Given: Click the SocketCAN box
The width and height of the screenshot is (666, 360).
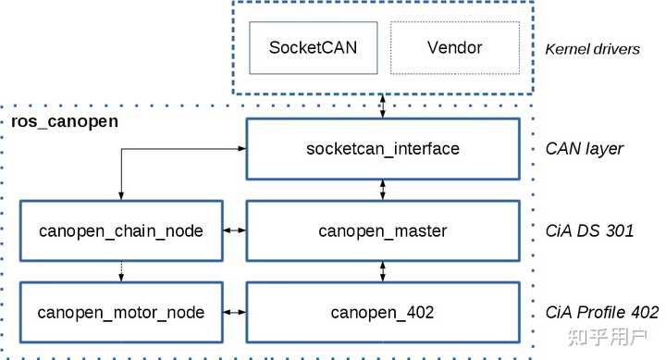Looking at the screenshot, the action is (313, 47).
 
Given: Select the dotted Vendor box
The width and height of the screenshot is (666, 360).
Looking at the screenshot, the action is (455, 47).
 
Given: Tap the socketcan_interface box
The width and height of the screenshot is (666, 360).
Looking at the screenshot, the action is (383, 149).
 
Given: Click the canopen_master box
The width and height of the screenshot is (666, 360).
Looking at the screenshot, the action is (383, 230).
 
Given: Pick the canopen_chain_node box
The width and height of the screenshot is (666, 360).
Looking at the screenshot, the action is (121, 230).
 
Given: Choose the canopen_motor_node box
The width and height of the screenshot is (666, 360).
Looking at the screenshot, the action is (121, 313).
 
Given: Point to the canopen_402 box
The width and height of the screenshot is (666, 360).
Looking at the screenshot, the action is (383, 313).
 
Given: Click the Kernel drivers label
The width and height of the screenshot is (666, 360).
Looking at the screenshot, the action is (593, 49).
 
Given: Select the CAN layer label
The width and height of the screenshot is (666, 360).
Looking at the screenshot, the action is (584, 149).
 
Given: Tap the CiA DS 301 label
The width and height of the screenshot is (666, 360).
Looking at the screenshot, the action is (589, 230).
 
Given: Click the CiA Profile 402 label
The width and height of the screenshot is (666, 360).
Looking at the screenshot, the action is (602, 313).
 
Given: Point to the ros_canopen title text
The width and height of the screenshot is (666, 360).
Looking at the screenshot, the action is (65, 121).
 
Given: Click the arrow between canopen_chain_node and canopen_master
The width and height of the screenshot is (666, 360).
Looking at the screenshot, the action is (234, 230).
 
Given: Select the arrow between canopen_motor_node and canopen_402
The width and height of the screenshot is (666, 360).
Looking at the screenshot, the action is (234, 313).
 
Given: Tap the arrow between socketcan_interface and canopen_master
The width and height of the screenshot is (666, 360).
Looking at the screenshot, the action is (383, 190).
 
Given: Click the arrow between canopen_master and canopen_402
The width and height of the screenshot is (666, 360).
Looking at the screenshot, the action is (383, 271).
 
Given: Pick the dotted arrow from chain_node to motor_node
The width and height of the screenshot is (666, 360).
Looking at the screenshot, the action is (121, 271).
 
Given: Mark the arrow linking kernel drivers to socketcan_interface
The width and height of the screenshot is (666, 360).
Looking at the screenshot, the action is (383, 106).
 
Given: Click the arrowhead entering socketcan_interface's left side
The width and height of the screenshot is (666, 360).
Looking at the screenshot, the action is (242, 149).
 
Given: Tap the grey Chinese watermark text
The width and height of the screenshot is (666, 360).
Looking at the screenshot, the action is (608, 337).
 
